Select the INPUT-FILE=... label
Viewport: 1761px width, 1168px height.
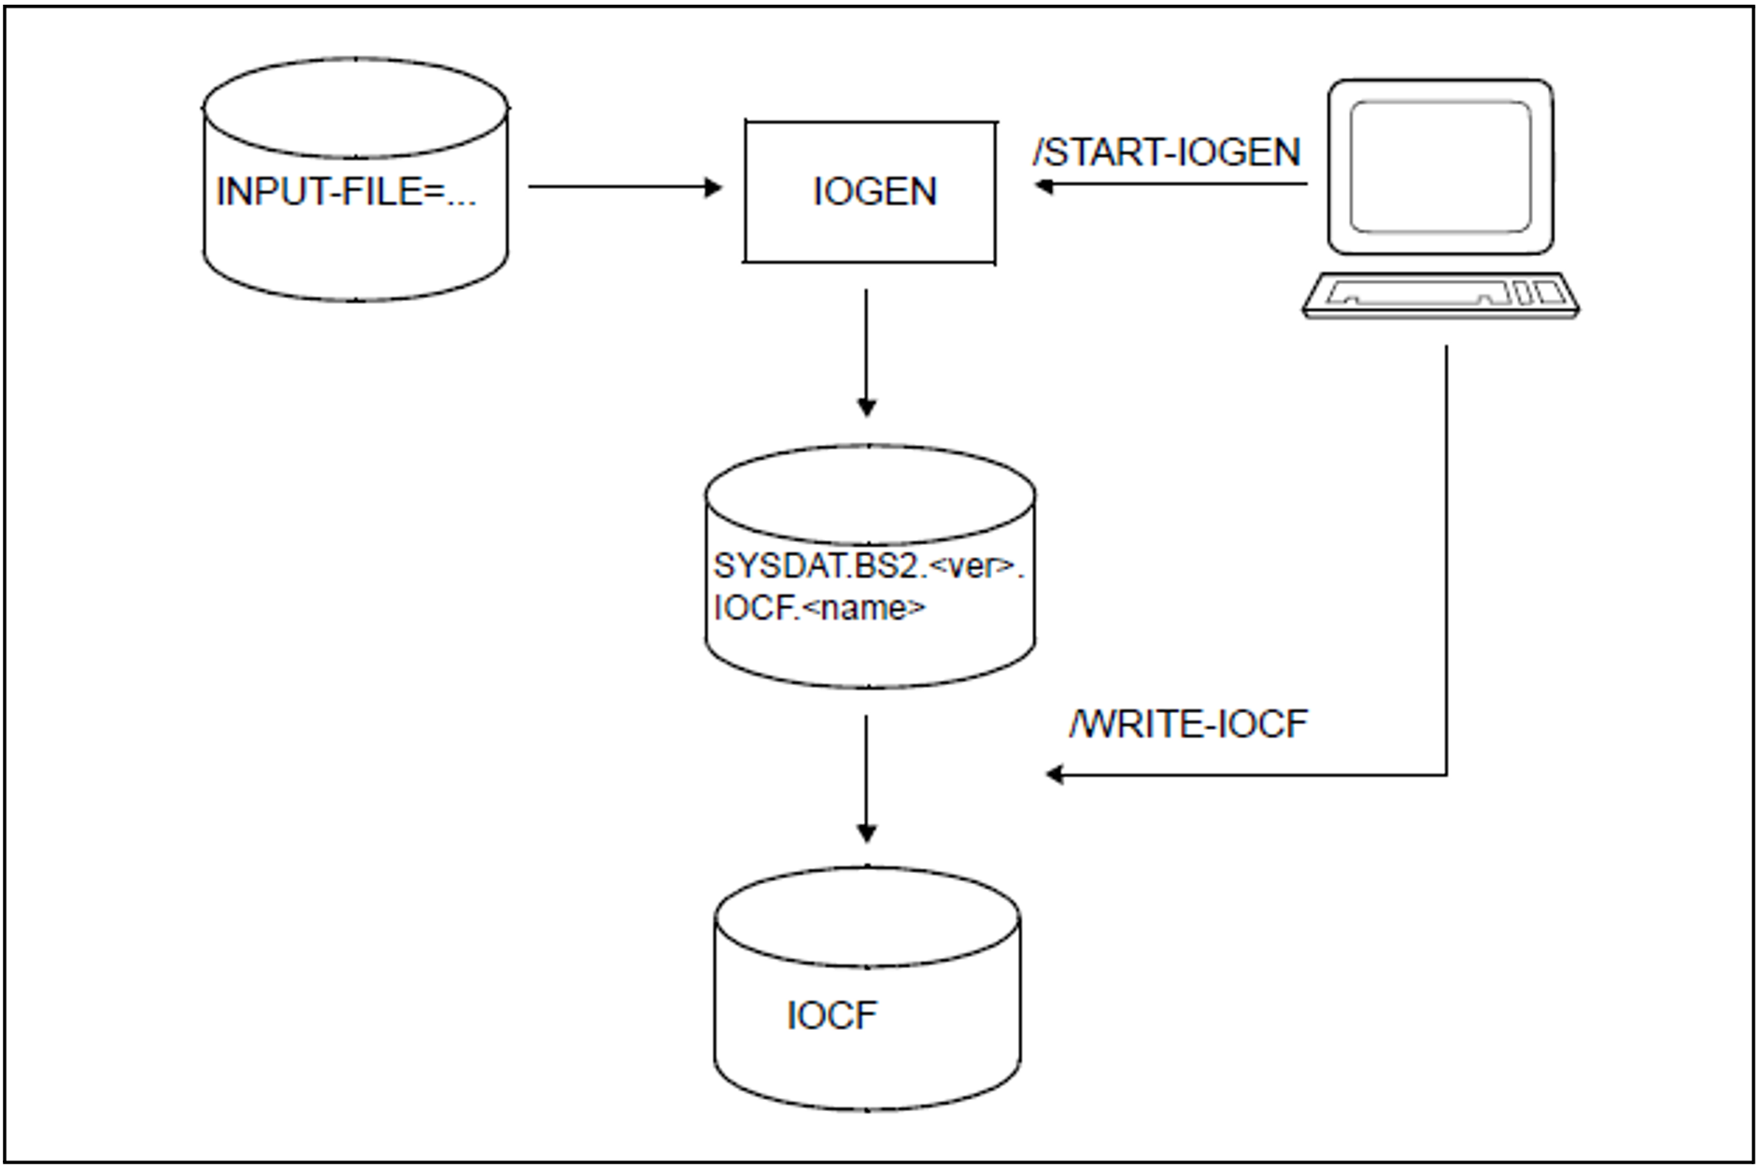(x=346, y=192)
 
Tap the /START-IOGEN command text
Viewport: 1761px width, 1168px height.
(x=1167, y=152)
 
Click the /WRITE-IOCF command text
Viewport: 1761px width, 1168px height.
(x=1188, y=724)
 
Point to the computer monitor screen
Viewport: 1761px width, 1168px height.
(x=1440, y=166)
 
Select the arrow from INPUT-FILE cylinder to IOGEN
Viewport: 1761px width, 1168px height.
(x=624, y=187)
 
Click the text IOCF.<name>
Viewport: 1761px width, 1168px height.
(x=819, y=608)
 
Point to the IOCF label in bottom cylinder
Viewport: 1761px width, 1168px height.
(x=832, y=1016)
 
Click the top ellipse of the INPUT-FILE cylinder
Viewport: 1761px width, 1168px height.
(x=356, y=107)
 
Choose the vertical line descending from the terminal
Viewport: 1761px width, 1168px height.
(x=1446, y=561)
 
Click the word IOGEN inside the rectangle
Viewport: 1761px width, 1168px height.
(x=874, y=192)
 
